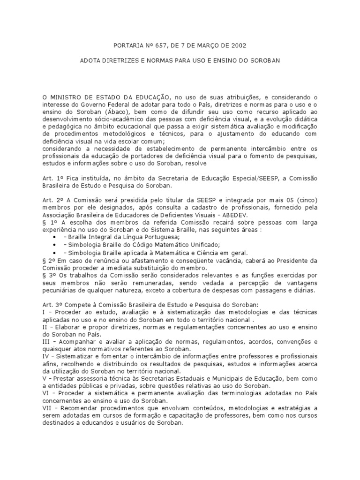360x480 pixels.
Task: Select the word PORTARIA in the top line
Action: (x=127, y=45)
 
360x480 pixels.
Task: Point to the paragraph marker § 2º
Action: (x=48, y=261)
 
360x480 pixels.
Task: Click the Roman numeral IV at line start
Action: (x=46, y=356)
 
